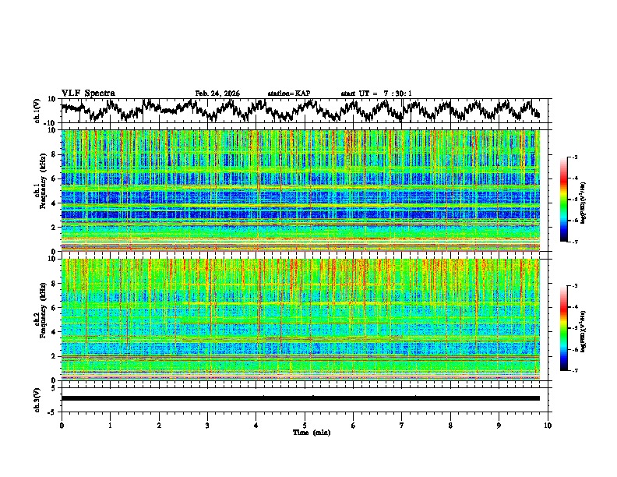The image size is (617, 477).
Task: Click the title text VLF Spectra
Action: (88, 93)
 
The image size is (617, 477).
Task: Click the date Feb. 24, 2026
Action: (217, 94)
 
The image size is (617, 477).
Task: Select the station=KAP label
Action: (289, 94)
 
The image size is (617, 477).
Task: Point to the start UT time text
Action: (376, 94)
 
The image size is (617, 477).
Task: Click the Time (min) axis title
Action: (305, 432)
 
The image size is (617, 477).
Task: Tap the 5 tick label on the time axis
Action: (305, 425)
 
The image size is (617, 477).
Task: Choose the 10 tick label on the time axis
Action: (548, 425)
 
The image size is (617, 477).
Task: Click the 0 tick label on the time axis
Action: (62, 425)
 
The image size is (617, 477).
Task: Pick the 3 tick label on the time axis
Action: (207, 425)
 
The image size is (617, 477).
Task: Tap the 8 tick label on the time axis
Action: (450, 425)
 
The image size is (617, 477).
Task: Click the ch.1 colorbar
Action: (564, 200)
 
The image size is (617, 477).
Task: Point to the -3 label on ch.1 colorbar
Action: (575, 158)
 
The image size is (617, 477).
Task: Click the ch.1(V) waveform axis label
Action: (37, 111)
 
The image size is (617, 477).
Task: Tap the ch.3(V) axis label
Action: (37, 398)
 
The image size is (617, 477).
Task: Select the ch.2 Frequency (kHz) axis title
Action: (39, 319)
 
